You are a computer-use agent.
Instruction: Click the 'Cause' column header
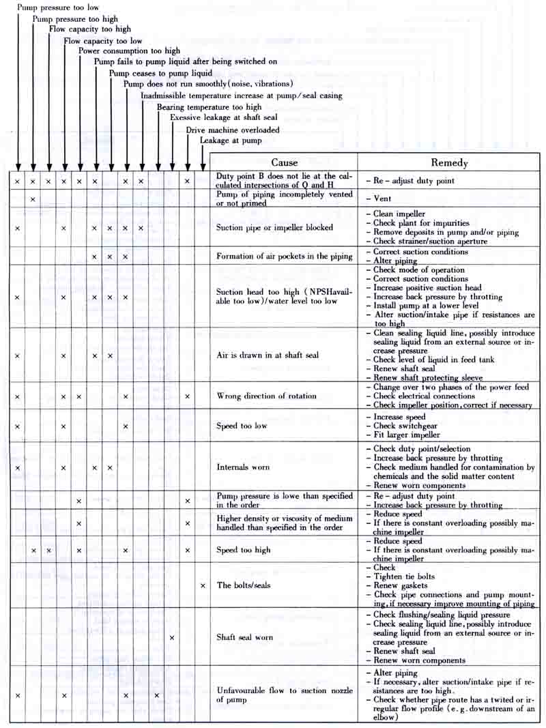click(285, 162)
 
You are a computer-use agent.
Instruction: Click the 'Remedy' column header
click(449, 163)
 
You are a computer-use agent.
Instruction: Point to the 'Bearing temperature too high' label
click(209, 107)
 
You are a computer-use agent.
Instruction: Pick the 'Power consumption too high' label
click(129, 50)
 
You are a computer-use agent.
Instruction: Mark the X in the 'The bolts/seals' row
click(203, 585)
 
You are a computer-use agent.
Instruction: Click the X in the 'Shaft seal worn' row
click(172, 637)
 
